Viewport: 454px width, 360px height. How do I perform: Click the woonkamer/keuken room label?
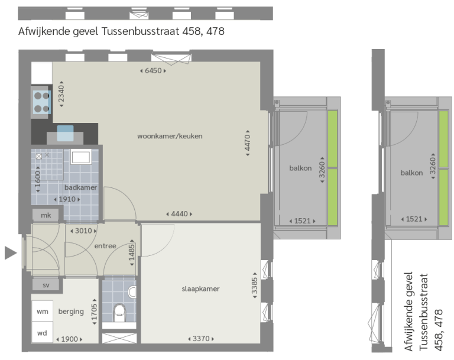(x=170, y=136)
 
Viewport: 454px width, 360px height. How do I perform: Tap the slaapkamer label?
(x=200, y=288)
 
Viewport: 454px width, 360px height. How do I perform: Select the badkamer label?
(x=80, y=187)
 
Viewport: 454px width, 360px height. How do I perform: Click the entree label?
(x=105, y=246)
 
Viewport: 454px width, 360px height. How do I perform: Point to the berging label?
(x=71, y=312)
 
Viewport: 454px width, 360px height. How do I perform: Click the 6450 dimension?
(x=153, y=71)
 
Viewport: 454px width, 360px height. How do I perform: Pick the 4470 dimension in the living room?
(x=248, y=143)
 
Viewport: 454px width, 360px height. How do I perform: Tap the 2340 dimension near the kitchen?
(x=61, y=94)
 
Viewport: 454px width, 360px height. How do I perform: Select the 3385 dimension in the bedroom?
(x=255, y=286)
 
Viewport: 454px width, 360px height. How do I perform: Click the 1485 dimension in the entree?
(x=132, y=252)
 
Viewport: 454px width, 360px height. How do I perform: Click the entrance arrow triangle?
(x=11, y=253)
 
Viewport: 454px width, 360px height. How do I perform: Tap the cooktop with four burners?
(x=42, y=102)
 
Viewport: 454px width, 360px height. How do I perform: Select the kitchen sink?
(x=65, y=133)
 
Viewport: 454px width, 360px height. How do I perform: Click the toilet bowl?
(x=119, y=312)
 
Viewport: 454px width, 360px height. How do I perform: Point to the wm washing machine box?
(x=43, y=311)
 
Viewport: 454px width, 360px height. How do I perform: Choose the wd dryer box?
(x=43, y=332)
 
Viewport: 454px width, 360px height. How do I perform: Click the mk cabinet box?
(x=46, y=215)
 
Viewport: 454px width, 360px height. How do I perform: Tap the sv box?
(x=46, y=285)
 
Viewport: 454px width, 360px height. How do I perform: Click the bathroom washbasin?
(x=81, y=157)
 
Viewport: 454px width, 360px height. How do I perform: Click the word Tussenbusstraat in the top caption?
(x=141, y=31)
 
